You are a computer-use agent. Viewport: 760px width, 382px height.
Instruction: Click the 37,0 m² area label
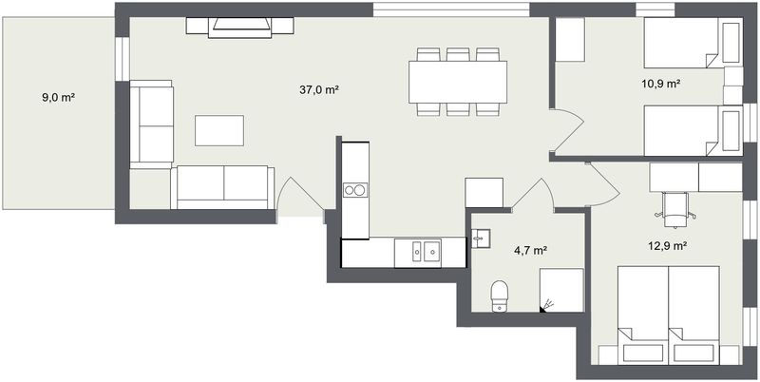(318, 90)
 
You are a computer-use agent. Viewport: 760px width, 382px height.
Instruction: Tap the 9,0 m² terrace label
(58, 98)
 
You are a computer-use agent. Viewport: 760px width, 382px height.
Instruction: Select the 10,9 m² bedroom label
(661, 84)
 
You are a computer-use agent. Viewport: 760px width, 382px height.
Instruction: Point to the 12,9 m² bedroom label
(668, 246)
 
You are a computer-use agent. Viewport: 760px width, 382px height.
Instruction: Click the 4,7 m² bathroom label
(531, 251)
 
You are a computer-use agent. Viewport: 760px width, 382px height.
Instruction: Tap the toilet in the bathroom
(500, 296)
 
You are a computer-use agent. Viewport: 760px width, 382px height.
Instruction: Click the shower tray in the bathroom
(561, 291)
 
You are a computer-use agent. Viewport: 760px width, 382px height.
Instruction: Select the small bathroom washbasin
(481, 239)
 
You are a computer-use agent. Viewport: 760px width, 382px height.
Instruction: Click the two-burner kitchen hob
(355, 190)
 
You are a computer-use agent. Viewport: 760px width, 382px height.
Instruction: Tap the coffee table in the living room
(219, 130)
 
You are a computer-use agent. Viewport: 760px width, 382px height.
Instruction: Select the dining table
(458, 82)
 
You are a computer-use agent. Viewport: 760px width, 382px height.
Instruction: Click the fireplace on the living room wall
(240, 28)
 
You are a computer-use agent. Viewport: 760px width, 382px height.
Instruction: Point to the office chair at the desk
(675, 209)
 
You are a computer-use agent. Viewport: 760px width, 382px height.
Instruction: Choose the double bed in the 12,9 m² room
(668, 315)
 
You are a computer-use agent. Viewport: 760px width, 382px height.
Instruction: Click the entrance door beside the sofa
(299, 197)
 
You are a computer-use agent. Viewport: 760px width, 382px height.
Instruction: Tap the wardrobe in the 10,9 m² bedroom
(569, 40)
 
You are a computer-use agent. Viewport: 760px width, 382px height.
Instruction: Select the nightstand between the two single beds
(732, 86)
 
